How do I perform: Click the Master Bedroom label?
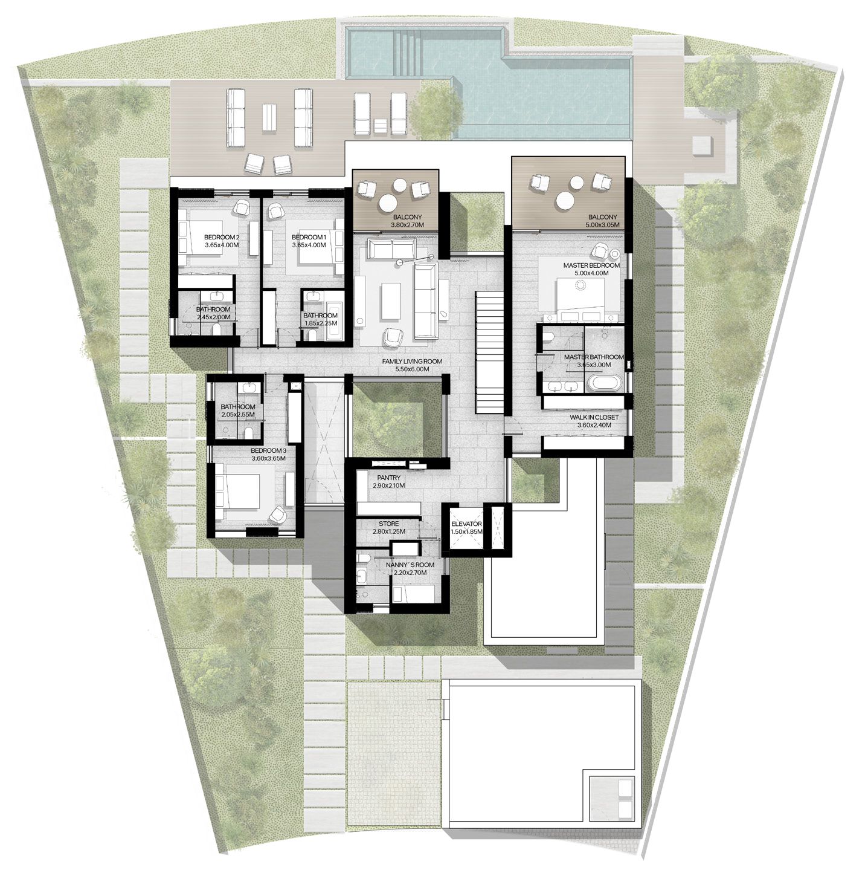tap(591, 265)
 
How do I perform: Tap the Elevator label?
tap(466, 524)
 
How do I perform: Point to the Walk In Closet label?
tap(594, 417)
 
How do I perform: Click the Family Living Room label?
tap(412, 361)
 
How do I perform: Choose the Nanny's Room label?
tap(410, 565)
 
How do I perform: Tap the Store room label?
tap(388, 524)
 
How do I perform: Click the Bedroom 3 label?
tap(268, 450)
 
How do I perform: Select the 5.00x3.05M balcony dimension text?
tap(602, 225)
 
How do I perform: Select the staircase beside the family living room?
tap(489, 352)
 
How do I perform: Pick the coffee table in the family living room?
tap(391, 300)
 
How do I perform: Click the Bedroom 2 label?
tap(222, 237)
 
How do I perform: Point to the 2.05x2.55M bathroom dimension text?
tap(238, 415)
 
